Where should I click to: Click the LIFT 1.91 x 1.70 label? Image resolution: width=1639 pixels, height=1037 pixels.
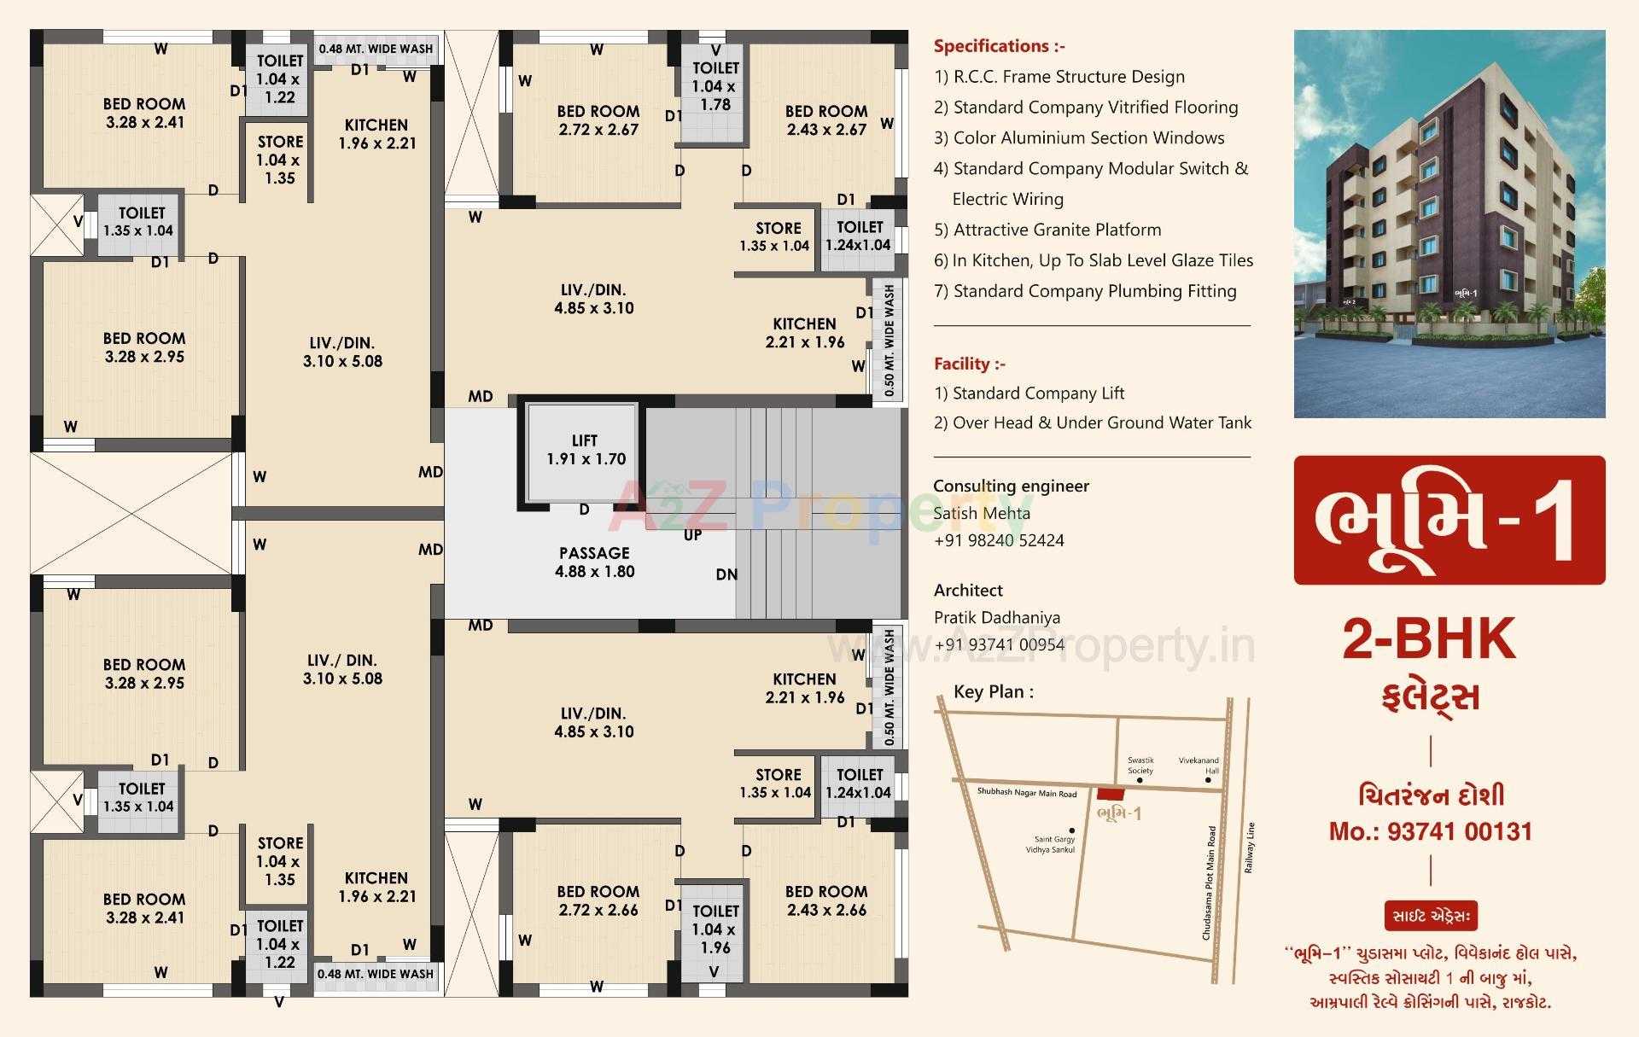tap(586, 450)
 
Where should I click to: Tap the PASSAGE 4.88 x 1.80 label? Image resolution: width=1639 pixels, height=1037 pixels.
tap(594, 562)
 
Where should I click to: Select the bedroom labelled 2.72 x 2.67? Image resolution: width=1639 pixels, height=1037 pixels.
tap(598, 120)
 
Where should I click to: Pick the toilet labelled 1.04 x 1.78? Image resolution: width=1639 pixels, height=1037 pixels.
tap(715, 86)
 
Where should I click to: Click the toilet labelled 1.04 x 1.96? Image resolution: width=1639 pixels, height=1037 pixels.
tap(715, 929)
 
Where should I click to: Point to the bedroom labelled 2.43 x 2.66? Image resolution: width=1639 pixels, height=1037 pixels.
tap(825, 900)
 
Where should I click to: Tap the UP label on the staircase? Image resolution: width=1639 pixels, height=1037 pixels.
tap(692, 535)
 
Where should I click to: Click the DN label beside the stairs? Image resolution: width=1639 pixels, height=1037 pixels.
tap(726, 574)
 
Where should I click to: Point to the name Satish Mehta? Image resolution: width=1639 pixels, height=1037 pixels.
tap(981, 513)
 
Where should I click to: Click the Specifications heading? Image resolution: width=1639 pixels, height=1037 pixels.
tap(999, 46)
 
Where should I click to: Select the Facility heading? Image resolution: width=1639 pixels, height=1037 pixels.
tap(970, 364)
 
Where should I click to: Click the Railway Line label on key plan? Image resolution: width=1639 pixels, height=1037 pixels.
tap(1249, 848)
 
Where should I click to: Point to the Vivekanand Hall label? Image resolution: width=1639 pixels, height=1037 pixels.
tap(1199, 765)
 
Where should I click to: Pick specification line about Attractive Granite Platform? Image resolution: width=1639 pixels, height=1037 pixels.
tap(1047, 230)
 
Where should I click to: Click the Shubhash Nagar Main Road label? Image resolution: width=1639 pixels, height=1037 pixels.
tap(1026, 793)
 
